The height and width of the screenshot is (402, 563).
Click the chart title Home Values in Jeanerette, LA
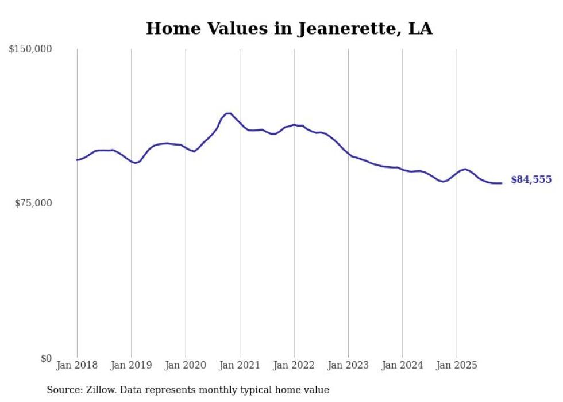[289, 28]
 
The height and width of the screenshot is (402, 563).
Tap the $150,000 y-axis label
[30, 49]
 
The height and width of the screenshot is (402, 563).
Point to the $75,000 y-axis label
[33, 203]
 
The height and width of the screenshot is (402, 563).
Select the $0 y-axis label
[46, 358]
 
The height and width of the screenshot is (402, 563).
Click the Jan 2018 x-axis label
[77, 365]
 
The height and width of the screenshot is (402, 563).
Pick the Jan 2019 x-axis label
[131, 365]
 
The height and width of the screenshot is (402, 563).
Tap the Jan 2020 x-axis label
[186, 365]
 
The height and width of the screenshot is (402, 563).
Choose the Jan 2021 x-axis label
[240, 365]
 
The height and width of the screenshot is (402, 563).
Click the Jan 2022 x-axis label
[294, 365]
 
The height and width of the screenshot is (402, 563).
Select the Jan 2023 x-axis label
[348, 365]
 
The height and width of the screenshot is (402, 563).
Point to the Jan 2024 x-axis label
[403, 365]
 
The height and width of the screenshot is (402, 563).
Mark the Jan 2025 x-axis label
[457, 365]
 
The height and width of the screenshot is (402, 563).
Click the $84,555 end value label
[531, 180]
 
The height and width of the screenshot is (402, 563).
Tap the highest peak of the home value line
[229, 113]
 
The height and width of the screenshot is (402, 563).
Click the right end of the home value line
[502, 183]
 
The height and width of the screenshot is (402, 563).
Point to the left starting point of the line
[77, 160]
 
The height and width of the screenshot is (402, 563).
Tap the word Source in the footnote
[63, 390]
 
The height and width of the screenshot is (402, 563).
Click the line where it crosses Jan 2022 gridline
[294, 125]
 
